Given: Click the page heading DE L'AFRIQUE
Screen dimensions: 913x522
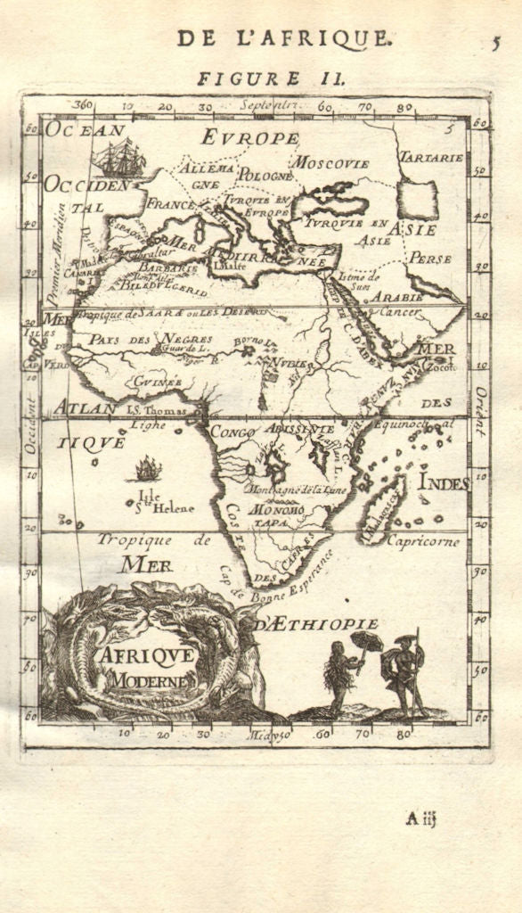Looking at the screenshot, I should point(282,37).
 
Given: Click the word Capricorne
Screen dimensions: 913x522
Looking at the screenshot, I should point(423,541).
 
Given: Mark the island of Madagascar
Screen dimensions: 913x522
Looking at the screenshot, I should point(385,512).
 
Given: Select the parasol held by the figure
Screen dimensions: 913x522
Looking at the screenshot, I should point(367,640).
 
